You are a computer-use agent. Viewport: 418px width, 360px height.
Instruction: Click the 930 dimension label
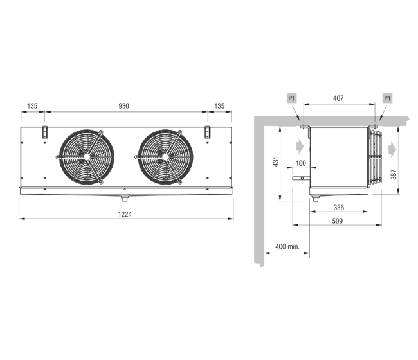[123, 106]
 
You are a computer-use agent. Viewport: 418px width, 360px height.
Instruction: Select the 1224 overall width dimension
[125, 214]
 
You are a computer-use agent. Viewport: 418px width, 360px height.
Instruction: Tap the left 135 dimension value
[32, 106]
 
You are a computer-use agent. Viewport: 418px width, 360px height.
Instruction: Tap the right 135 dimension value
[219, 106]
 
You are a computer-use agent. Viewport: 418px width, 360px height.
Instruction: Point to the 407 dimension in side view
[338, 98]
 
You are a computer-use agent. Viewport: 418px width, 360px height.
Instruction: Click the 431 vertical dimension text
[276, 162]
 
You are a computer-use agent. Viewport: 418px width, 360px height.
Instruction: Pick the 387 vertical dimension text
[394, 174]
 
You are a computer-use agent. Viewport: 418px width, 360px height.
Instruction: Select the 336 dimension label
[339, 207]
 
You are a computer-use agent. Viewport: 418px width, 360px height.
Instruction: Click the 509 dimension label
[337, 221]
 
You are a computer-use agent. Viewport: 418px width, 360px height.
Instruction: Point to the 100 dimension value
[301, 163]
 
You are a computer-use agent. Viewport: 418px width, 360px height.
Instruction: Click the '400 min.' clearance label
[287, 246]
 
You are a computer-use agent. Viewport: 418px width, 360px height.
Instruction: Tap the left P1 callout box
[292, 98]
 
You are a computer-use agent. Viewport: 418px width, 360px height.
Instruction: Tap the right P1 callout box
[387, 98]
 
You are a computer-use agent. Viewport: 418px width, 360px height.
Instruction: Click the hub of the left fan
[87, 157]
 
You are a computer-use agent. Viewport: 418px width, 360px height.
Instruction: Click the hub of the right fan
[166, 157]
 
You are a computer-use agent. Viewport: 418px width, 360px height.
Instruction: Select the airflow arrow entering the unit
[300, 146]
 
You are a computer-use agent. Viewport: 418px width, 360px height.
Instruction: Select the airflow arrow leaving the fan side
[392, 150]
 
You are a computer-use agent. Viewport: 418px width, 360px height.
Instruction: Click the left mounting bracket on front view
[44, 132]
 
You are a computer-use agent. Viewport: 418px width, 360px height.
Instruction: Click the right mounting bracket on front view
[207, 132]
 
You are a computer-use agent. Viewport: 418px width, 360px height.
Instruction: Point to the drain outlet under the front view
[125, 199]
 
